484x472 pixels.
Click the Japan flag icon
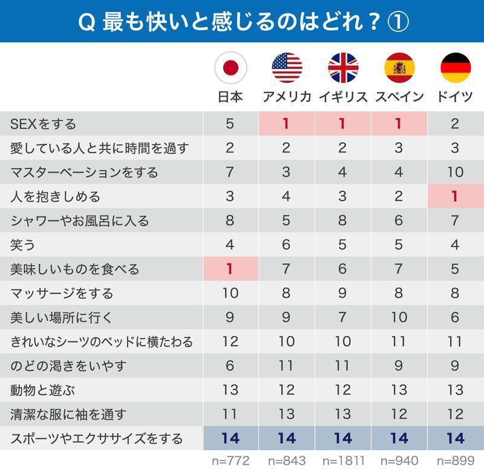point(230,67)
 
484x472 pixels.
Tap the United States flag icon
point(287,67)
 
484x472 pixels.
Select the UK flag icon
point(343,67)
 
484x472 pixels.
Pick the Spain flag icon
point(399,67)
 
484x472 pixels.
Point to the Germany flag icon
point(456,67)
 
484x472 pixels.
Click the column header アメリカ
point(287,97)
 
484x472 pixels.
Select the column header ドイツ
point(456,97)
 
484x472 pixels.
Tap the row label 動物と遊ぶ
point(42,390)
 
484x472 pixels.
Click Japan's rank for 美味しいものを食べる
point(230,269)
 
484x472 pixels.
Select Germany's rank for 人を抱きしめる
point(456,197)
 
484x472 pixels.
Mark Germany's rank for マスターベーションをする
point(456,172)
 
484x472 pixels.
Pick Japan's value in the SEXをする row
point(230,124)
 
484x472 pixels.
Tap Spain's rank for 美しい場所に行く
point(399,318)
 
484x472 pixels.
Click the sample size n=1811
point(343,461)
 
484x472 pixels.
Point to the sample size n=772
point(230,461)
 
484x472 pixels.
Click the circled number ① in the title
point(397,22)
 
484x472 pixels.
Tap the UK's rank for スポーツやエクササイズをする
point(343,438)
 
